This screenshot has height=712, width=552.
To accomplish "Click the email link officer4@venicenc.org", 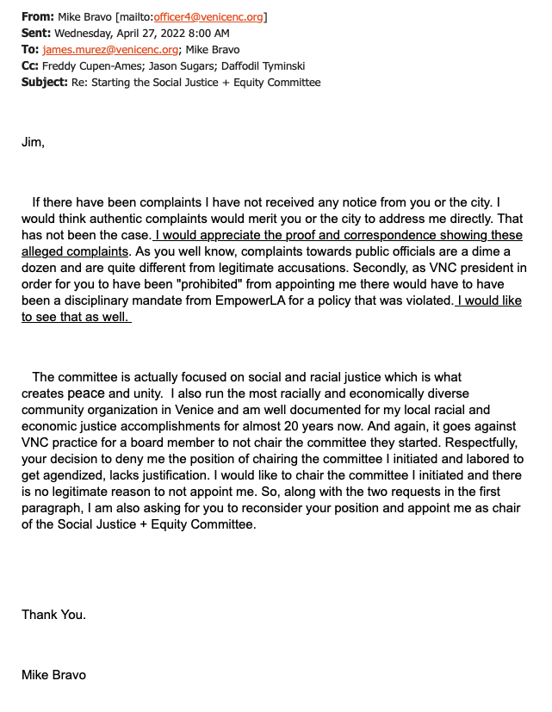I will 209,16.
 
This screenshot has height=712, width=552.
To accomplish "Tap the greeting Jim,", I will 33,142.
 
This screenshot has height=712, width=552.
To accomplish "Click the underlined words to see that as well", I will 75,317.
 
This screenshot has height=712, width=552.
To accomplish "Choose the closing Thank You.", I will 53,615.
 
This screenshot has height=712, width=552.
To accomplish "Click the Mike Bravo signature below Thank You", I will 53,675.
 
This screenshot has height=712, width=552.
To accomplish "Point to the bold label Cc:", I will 31,66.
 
